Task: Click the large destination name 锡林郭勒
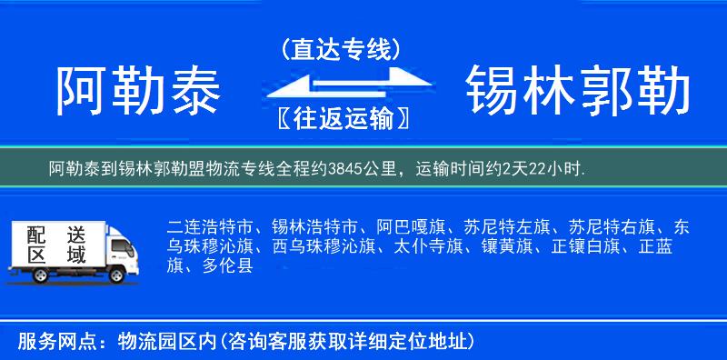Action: coord(577,92)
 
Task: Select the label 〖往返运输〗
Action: coord(341,118)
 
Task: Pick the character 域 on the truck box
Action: coord(76,255)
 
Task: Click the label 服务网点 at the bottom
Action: coord(53,342)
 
